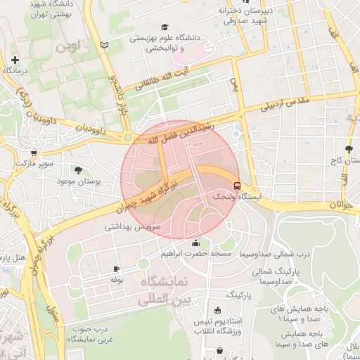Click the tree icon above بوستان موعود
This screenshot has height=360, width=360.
(x=77, y=169)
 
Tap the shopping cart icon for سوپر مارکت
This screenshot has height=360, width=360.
(x=33, y=152)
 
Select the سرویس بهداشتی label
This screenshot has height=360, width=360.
(x=134, y=227)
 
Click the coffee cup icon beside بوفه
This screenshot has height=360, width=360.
(x=117, y=269)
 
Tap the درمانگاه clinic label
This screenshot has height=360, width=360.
(x=14, y=71)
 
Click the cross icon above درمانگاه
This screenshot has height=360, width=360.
(x=14, y=60)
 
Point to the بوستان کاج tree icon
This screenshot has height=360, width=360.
(x=349, y=148)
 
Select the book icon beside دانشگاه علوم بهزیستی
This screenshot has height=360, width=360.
(x=105, y=45)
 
